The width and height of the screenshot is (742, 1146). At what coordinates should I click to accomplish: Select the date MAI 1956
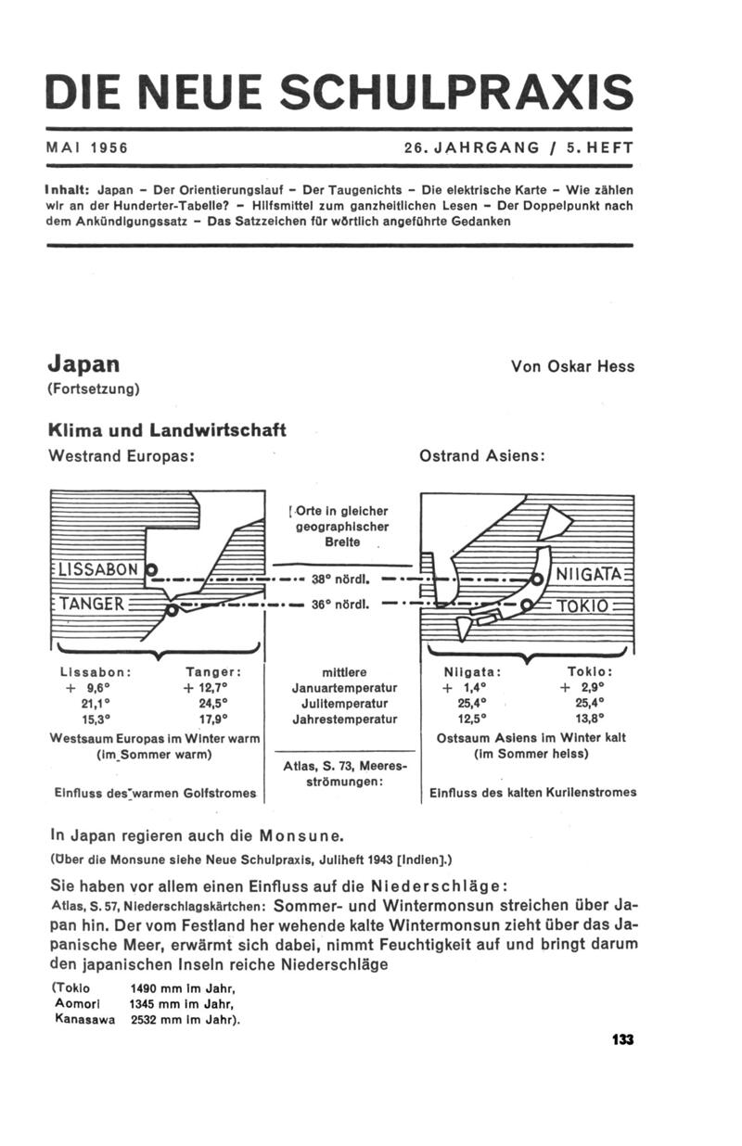pos(86,147)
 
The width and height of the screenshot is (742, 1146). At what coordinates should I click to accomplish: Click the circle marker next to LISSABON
pos(152,569)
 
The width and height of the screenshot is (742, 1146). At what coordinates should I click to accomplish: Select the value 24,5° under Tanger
pos(215,703)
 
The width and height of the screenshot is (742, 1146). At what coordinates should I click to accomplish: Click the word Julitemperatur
pos(344,703)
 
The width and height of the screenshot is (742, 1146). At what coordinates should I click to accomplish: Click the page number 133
pos(622,1040)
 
